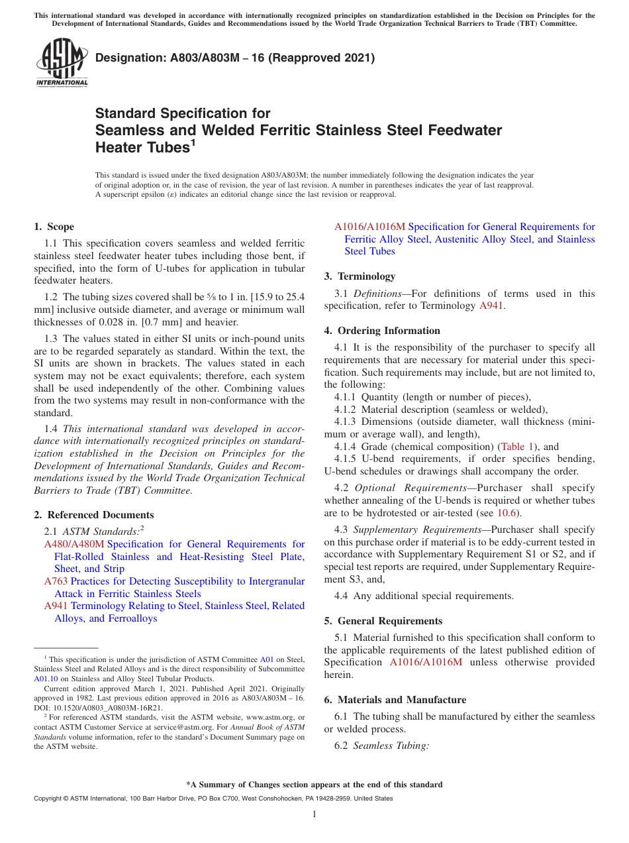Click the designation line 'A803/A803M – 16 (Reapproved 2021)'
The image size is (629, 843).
pyautogui.click(x=235, y=58)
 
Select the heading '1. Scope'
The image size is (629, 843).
pyautogui.click(x=54, y=227)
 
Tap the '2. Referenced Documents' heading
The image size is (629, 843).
pyautogui.click(x=93, y=515)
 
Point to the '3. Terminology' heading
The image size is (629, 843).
pyautogui.click(x=360, y=276)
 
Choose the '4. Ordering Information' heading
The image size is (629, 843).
pyautogui.click(x=382, y=331)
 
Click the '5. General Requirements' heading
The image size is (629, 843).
pyautogui.click(x=383, y=621)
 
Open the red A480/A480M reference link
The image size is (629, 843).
pyautogui.click(x=73, y=544)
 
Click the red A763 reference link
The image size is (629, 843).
pyautogui.click(x=56, y=581)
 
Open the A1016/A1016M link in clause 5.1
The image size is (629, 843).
pyautogui.click(x=426, y=662)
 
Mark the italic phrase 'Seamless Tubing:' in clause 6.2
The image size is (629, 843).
pyautogui.click(x=391, y=746)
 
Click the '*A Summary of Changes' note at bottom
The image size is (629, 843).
pyautogui.click(x=314, y=785)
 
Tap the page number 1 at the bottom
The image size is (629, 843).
pyautogui.click(x=314, y=814)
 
